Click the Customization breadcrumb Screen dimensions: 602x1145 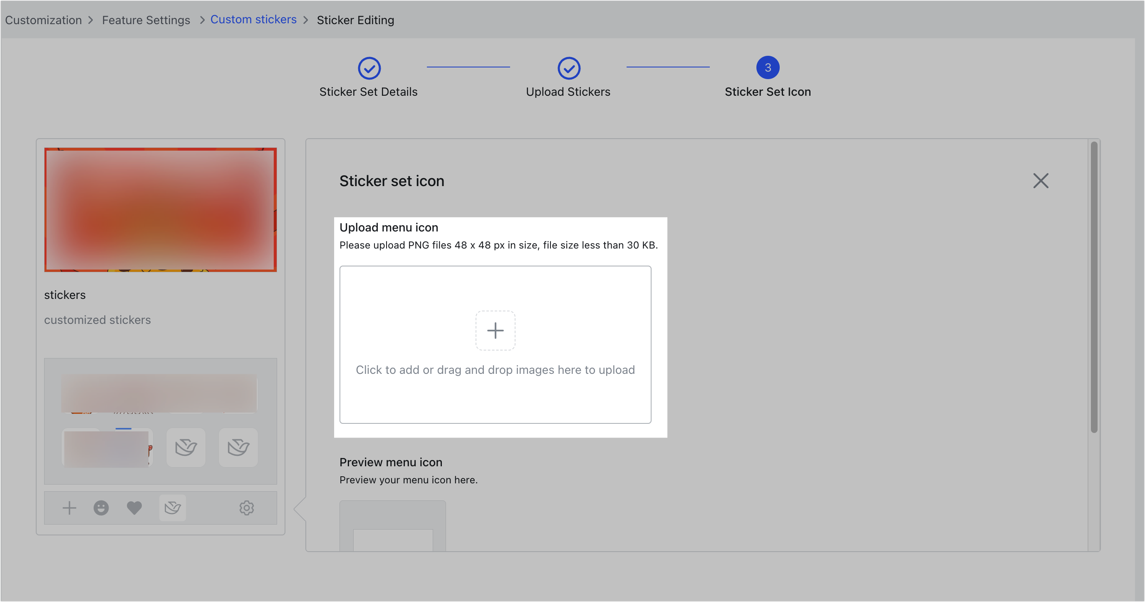coord(43,20)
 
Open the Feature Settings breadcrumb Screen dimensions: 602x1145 coord(146,20)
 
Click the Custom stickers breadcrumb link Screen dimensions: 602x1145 coord(253,20)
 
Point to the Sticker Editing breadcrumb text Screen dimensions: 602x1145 coord(355,20)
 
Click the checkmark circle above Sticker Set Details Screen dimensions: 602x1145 coord(369,68)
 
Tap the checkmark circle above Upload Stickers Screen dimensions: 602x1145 coord(568,68)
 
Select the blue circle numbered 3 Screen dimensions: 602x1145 coord(768,67)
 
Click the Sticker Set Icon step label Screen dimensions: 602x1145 coord(768,92)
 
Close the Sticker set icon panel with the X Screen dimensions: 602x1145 coord(1041,181)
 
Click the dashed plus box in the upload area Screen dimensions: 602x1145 coord(495,330)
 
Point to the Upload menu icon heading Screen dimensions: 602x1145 coord(389,228)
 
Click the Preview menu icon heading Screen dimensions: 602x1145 coord(391,463)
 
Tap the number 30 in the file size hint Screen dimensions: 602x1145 coord(632,245)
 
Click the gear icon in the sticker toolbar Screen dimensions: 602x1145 coord(247,508)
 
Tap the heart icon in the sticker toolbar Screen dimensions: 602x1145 coord(134,508)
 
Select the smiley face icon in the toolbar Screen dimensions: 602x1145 coord(101,508)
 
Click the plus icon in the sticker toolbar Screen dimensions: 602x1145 coord(69,508)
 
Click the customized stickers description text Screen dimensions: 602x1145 coord(97,320)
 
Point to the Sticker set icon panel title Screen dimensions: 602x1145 coord(392,181)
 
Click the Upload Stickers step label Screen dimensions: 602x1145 coord(568,92)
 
